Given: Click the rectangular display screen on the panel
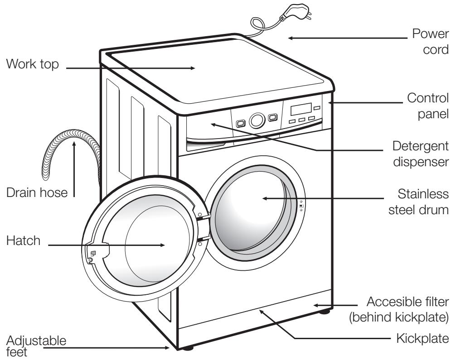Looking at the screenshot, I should coord(301,109).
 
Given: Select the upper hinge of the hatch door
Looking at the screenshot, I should coord(204,217).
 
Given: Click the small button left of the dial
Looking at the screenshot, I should coord(241,123).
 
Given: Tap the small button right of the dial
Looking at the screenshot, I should coord(272,118).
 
